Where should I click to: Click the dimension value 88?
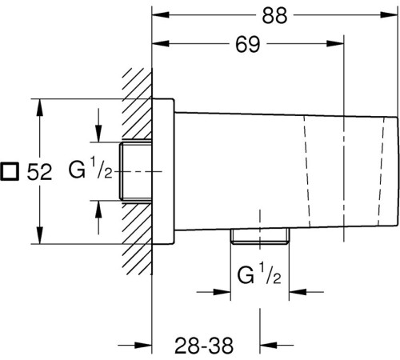point(274,15)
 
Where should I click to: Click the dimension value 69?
point(247,44)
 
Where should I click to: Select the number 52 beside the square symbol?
point(39,172)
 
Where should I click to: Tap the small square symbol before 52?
point(10,171)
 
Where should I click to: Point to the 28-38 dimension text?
point(204,346)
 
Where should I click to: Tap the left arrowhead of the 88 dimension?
point(161,15)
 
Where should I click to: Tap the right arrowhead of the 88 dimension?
point(389,15)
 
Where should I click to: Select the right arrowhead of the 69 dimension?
point(335,43)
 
